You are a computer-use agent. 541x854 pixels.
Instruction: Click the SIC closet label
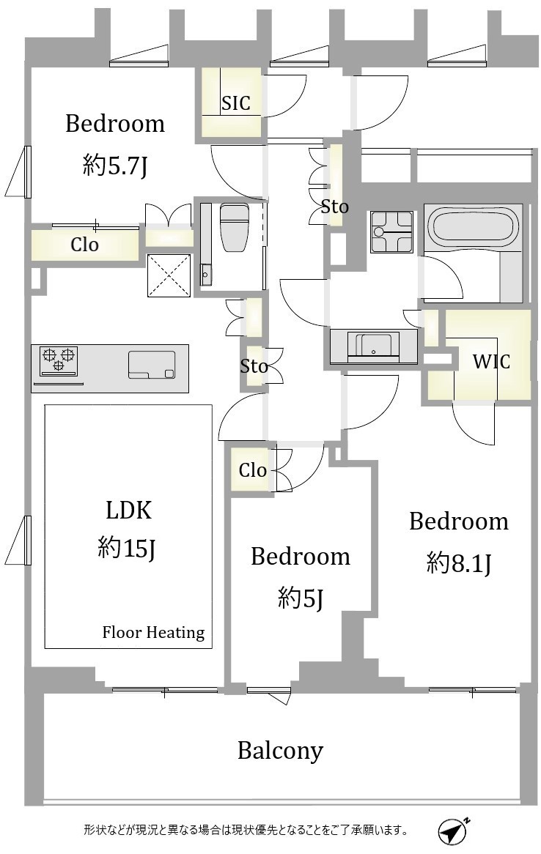pyautogui.click(x=235, y=103)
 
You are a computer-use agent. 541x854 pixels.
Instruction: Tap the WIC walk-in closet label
pyautogui.click(x=491, y=361)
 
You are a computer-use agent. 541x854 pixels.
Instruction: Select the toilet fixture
pyautogui.click(x=235, y=224)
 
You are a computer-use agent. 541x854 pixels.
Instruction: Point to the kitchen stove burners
pyautogui.click(x=59, y=359)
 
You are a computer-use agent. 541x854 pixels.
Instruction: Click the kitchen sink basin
pyautogui.click(x=152, y=364)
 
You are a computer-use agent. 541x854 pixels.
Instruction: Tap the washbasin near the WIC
pyautogui.click(x=374, y=347)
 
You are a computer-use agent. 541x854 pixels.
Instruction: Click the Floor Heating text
pyautogui.click(x=153, y=632)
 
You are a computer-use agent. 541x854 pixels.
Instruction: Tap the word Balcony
pyautogui.click(x=280, y=751)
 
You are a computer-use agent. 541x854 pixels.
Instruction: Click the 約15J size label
pyautogui.click(x=127, y=547)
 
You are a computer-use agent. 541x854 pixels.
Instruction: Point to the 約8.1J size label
pyautogui.click(x=459, y=562)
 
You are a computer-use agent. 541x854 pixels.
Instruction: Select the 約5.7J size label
pyautogui.click(x=115, y=165)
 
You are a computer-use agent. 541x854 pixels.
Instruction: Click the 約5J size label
pyautogui.click(x=301, y=598)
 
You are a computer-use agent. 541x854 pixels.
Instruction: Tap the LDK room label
pyautogui.click(x=129, y=510)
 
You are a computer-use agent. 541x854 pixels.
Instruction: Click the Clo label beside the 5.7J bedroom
pyautogui.click(x=84, y=245)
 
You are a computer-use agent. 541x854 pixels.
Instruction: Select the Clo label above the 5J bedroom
pyautogui.click(x=252, y=470)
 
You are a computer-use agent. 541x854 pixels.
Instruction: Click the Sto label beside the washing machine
pyautogui.click(x=334, y=207)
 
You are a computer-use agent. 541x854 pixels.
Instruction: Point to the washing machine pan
pyautogui.click(x=391, y=232)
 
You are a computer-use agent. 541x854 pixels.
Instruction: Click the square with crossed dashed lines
pyautogui.click(x=169, y=275)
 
